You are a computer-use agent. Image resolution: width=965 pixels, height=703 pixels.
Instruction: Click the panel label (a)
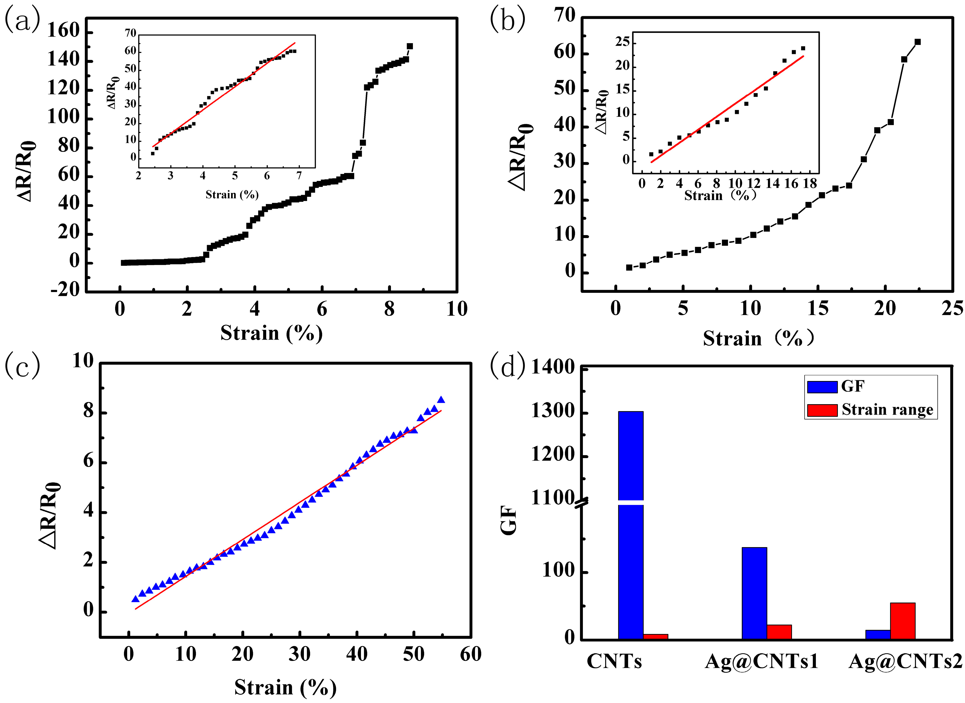[22, 20]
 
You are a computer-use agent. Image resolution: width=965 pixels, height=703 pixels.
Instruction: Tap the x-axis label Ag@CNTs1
[761, 662]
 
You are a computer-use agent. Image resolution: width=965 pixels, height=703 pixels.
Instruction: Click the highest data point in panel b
[917, 42]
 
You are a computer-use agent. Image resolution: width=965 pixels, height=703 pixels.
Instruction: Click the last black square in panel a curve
[409, 46]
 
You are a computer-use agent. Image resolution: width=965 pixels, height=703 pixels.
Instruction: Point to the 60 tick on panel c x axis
[470, 654]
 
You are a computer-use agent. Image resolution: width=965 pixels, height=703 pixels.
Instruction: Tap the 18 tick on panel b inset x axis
[810, 183]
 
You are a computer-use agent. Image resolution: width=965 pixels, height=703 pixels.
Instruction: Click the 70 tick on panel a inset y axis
[130, 33]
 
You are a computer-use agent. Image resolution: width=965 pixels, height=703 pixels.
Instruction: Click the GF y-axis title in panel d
[508, 520]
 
